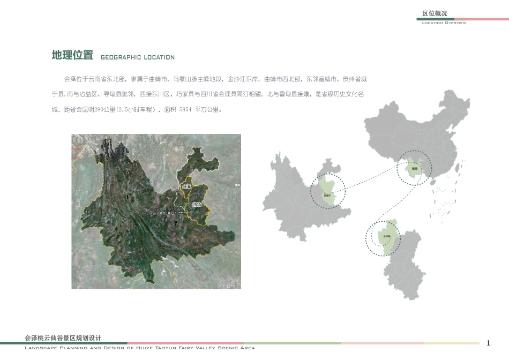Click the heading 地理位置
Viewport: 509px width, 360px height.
[x=72, y=55]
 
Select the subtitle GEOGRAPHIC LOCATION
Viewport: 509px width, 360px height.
[x=137, y=57]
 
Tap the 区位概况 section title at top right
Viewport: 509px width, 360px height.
[x=435, y=13]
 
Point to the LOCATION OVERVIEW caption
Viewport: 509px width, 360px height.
[x=444, y=22]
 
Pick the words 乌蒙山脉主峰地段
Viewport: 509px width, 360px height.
[x=197, y=79]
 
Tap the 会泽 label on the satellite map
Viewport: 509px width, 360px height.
[x=186, y=187]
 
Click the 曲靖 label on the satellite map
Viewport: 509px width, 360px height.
[x=197, y=205]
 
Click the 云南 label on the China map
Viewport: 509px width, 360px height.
[x=414, y=169]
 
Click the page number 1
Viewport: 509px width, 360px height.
[x=488, y=343]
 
